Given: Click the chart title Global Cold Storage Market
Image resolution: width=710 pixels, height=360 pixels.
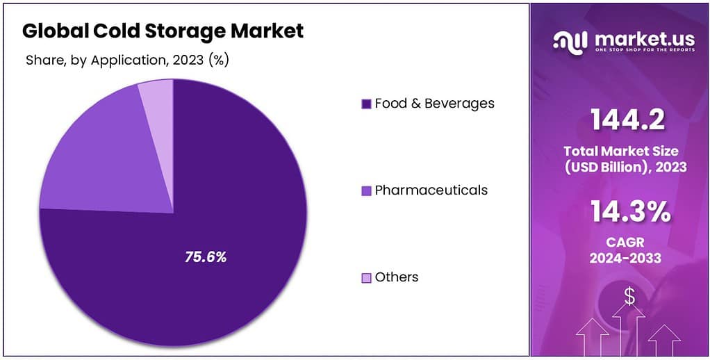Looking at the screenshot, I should (x=163, y=31).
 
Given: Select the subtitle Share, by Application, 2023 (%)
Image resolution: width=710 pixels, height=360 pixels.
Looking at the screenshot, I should (x=127, y=60).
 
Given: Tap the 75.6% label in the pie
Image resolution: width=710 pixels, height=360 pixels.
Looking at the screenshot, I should (x=206, y=257).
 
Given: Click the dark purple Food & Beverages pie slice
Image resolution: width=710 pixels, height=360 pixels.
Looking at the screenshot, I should (x=229, y=208).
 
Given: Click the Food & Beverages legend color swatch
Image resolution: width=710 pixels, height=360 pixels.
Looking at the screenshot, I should (x=366, y=104).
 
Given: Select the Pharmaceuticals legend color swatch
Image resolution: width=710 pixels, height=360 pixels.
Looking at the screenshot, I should (x=366, y=190).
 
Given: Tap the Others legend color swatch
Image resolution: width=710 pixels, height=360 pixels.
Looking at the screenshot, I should (x=366, y=278).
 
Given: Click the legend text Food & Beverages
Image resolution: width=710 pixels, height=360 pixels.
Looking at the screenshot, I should (x=434, y=104).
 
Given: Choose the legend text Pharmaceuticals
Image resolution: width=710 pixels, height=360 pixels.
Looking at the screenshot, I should (x=431, y=190).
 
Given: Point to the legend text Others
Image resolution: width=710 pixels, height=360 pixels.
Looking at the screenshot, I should (x=396, y=277).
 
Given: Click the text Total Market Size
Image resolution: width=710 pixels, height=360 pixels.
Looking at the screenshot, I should (x=620, y=151).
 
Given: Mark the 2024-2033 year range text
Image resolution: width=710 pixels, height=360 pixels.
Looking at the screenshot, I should (x=625, y=259).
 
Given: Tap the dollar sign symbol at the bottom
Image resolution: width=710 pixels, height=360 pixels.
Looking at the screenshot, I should (x=629, y=297).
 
